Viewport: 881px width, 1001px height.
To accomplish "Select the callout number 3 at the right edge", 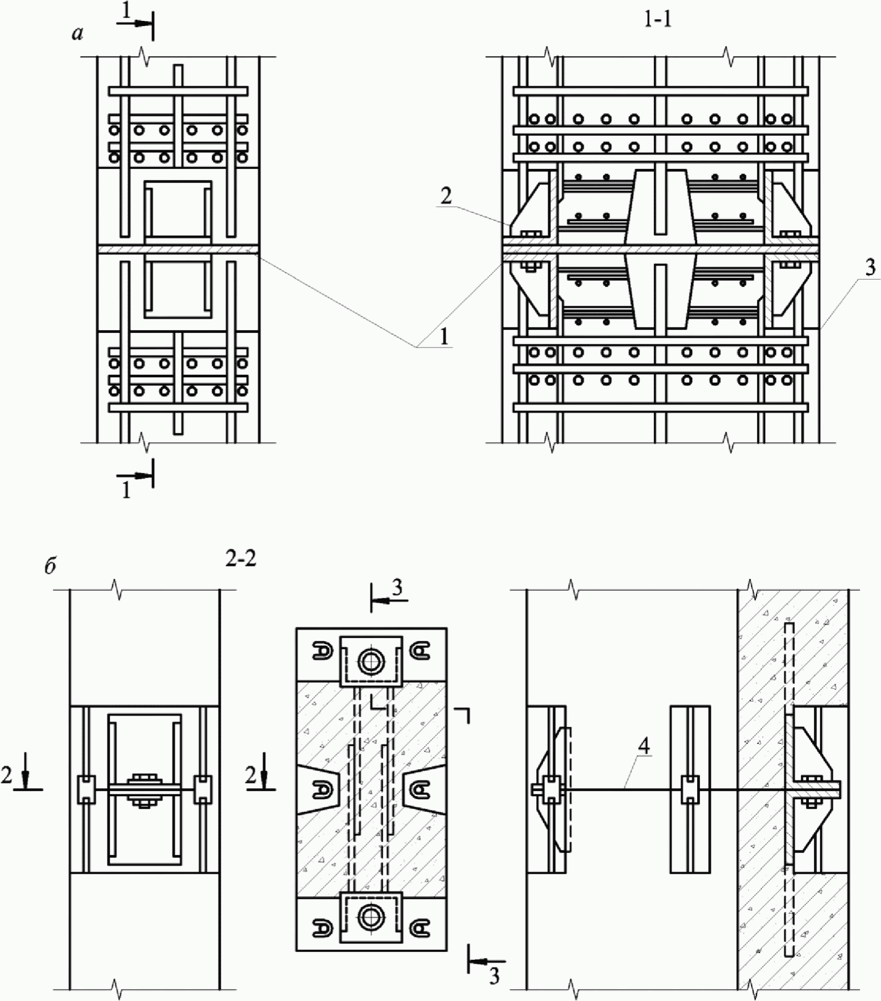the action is tap(870, 267).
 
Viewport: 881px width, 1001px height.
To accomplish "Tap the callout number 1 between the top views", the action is tap(444, 337).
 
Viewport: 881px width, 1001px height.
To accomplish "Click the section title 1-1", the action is tap(658, 19).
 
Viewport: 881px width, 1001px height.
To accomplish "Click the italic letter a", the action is tap(78, 34).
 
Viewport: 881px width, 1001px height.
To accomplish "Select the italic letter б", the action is tap(50, 567).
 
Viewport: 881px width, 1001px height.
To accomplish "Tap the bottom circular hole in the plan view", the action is tap(371, 918).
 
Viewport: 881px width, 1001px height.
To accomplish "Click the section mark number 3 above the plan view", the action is tap(397, 588).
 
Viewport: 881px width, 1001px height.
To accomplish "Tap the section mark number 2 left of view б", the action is tap(6, 776).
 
